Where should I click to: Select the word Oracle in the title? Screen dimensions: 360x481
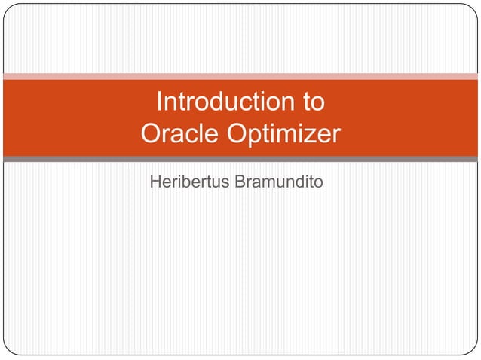[x=176, y=135]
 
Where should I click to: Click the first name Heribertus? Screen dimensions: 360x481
[x=190, y=182]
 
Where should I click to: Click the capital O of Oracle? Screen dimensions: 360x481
[x=152, y=135]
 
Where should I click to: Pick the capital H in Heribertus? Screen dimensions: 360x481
[x=156, y=182]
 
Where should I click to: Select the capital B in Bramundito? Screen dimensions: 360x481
[x=241, y=182]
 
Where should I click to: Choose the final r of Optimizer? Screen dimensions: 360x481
[x=335, y=136]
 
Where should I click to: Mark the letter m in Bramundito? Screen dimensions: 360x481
[x=269, y=182]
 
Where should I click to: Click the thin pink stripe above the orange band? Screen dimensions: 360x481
[x=240, y=76]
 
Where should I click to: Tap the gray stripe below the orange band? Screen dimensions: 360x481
[x=240, y=159]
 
